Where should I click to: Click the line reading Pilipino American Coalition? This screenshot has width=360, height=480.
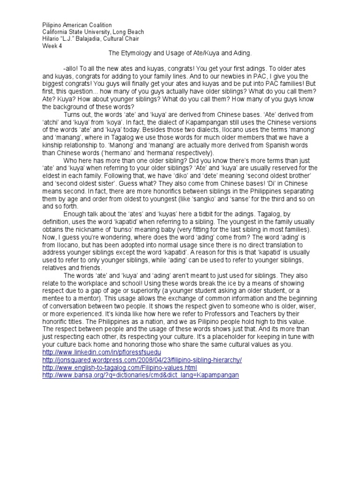click(77, 25)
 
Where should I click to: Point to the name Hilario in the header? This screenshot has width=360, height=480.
click(52, 39)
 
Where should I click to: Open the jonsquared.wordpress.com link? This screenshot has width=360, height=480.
click(142, 360)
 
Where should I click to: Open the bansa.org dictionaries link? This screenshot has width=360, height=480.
click(141, 375)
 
